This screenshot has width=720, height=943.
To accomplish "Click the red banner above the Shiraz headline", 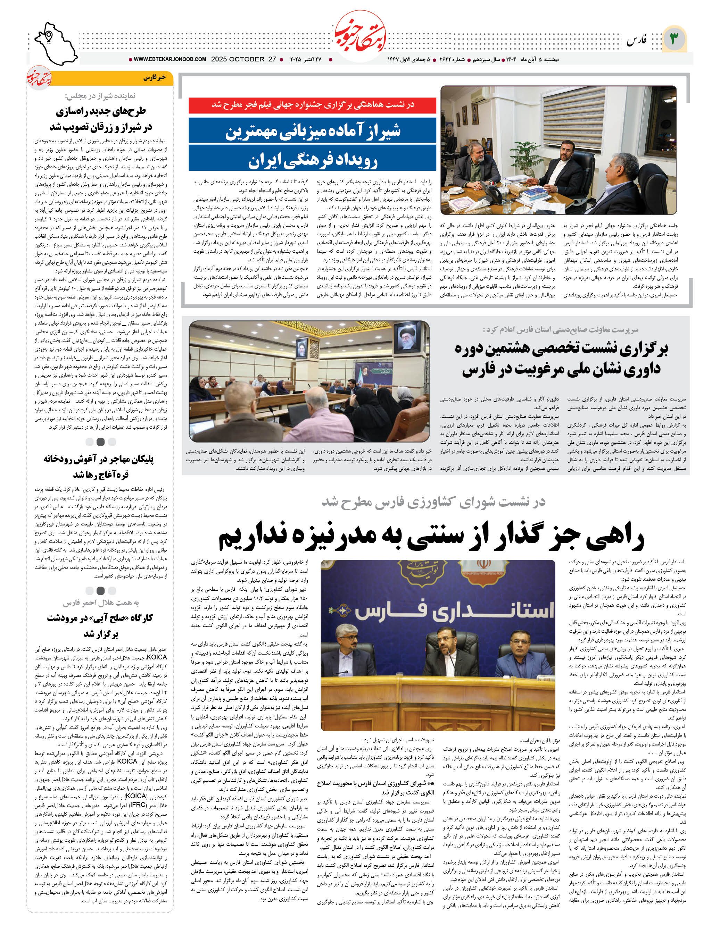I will click(x=313, y=105).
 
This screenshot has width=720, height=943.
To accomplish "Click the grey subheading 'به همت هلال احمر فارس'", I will click(x=101, y=603).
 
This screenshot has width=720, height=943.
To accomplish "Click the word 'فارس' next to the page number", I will click(x=636, y=41).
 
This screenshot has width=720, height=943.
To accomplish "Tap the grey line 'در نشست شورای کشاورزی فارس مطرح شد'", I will click(x=433, y=502).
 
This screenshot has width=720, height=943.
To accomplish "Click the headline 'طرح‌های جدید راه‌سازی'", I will click(x=101, y=111).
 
